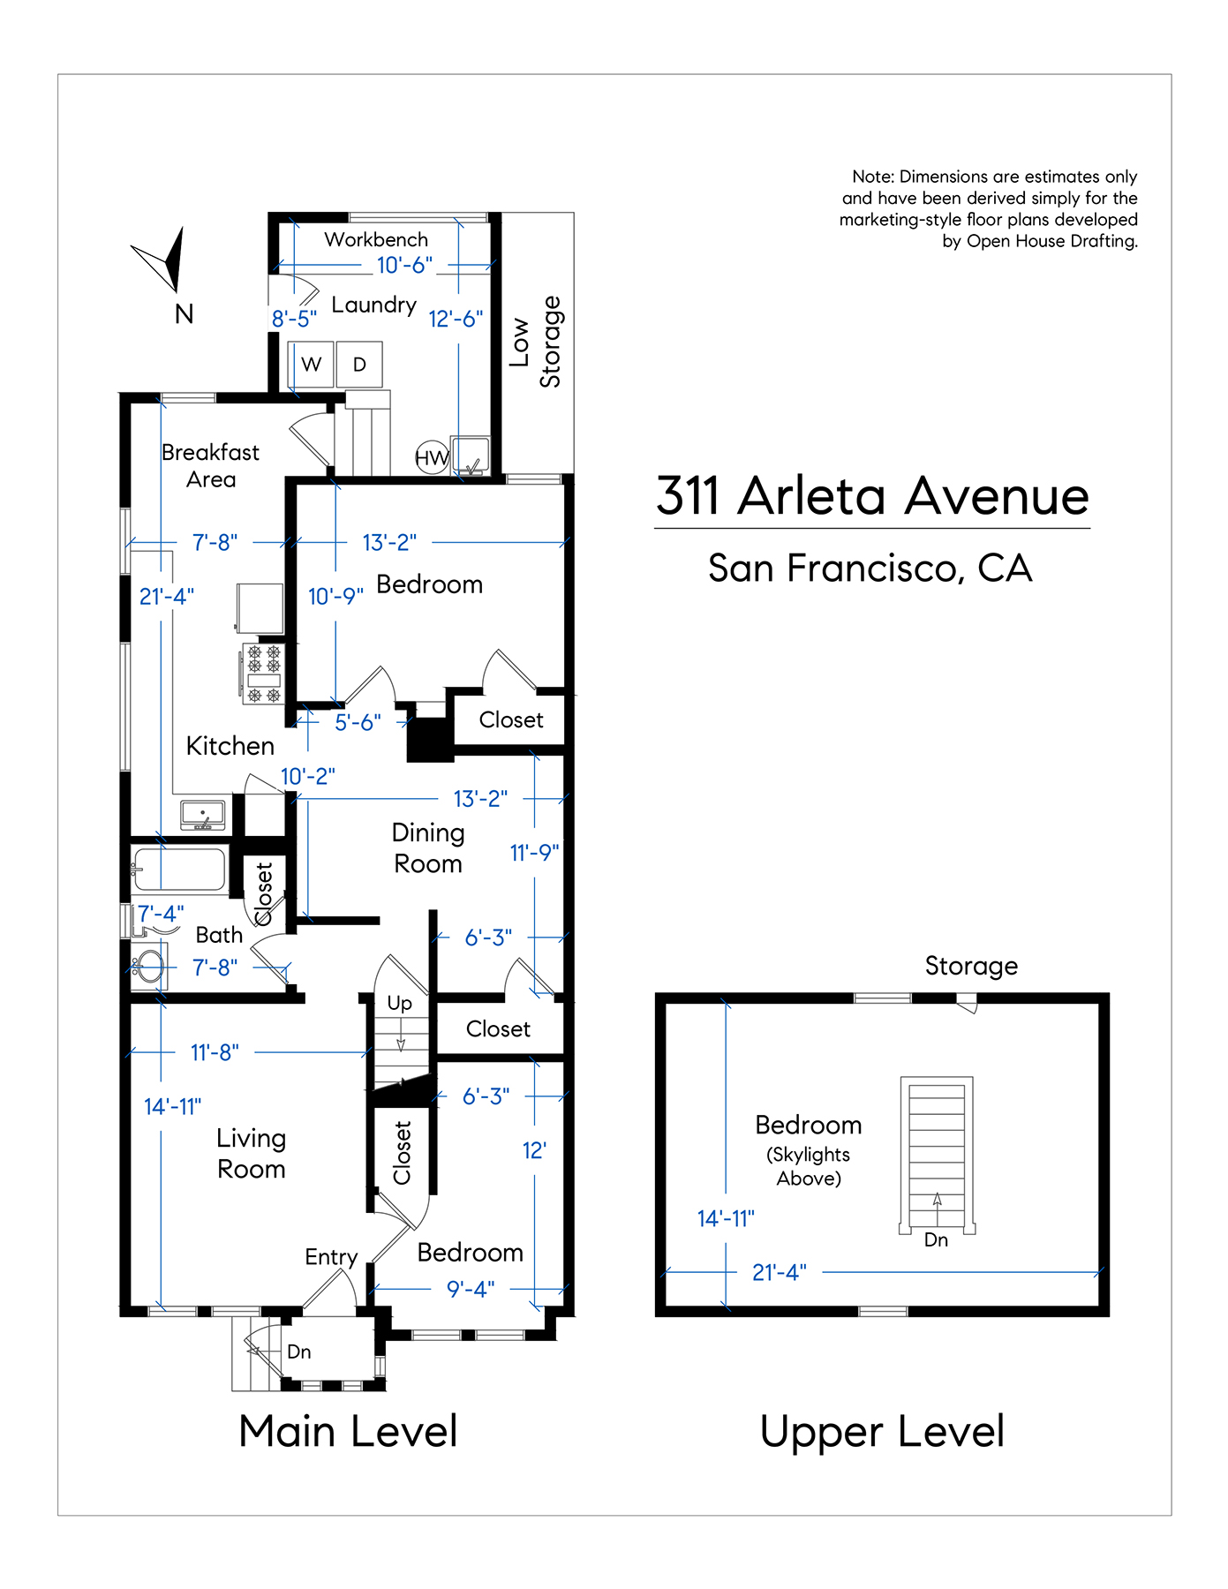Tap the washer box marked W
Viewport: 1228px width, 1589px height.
pyautogui.click(x=312, y=365)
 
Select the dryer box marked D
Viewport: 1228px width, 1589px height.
pyautogui.click(x=359, y=365)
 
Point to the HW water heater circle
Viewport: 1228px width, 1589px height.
pyautogui.click(x=432, y=457)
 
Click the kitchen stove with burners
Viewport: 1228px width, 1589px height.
pyautogui.click(x=263, y=673)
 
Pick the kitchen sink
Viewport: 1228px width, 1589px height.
pyautogui.click(x=203, y=815)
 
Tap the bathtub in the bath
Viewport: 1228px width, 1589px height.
pyautogui.click(x=179, y=869)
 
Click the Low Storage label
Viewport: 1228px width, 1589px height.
pyautogui.click(x=535, y=342)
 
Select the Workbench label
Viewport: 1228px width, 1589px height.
pyautogui.click(x=376, y=239)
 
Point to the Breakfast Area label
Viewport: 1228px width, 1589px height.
pyautogui.click(x=211, y=465)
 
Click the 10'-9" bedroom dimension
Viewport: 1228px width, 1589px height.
pyautogui.click(x=335, y=597)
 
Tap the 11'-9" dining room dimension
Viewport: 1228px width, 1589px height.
pyautogui.click(x=535, y=853)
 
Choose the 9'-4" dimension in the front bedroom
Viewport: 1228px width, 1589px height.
pyautogui.click(x=471, y=1289)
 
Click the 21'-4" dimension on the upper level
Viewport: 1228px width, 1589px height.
pyautogui.click(x=780, y=1272)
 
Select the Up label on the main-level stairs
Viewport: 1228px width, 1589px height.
pyautogui.click(x=400, y=1004)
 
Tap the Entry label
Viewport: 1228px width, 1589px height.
pyautogui.click(x=331, y=1257)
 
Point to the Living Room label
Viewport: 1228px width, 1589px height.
pyautogui.click(x=252, y=1154)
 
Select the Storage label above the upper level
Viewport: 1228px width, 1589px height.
pyautogui.click(x=971, y=966)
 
